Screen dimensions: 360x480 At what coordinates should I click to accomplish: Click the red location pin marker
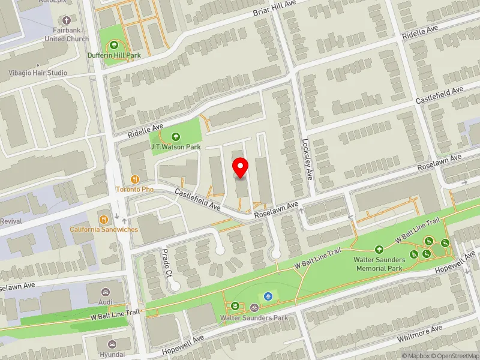pyautogui.click(x=241, y=167)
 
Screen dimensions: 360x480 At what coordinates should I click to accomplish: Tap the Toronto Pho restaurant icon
pyautogui.click(x=136, y=179)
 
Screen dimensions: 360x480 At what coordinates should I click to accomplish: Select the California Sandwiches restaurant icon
pyautogui.click(x=104, y=219)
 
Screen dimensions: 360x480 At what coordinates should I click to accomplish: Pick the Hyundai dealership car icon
pyautogui.click(x=112, y=344)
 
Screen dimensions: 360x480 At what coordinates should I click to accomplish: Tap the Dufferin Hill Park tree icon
pyautogui.click(x=114, y=45)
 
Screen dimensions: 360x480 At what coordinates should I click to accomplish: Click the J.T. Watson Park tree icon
pyautogui.click(x=176, y=136)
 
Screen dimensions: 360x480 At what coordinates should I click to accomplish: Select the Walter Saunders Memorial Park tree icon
pyautogui.click(x=379, y=250)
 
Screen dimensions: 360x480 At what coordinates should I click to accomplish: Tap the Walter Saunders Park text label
pyautogui.click(x=254, y=317)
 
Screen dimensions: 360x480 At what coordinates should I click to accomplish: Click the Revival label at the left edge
pyautogui.click(x=11, y=221)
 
